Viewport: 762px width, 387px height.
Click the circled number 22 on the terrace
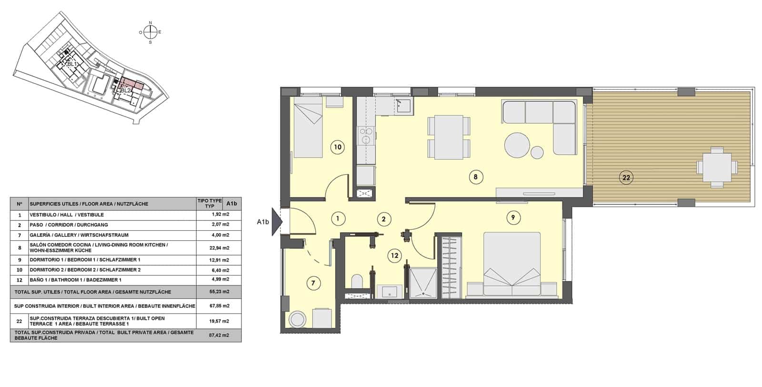(x=626, y=178)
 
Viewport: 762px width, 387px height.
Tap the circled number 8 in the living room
(x=475, y=177)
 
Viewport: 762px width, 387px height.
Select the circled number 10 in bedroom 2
(x=337, y=147)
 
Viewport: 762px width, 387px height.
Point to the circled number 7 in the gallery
(x=313, y=284)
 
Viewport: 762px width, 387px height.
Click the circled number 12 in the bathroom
(x=394, y=255)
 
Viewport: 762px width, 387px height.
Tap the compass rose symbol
(x=150, y=32)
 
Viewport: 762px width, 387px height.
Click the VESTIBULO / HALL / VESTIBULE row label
(x=67, y=215)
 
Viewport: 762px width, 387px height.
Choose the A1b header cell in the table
(x=232, y=204)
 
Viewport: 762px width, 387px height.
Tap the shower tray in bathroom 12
(x=423, y=283)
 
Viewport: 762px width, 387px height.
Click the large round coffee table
(x=517, y=145)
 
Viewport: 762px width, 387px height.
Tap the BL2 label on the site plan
(x=125, y=91)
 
